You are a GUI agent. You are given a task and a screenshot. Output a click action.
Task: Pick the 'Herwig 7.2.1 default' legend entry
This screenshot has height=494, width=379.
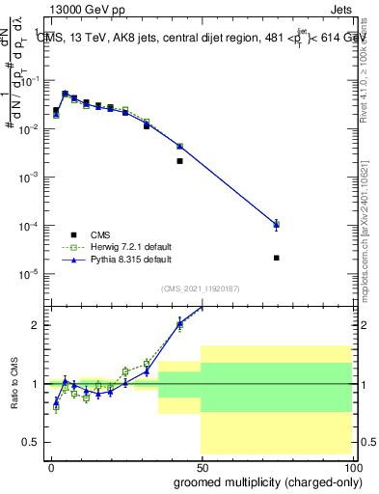click(x=132, y=247)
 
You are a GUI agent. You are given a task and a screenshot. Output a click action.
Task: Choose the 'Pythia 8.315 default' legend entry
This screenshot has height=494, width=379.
click(x=131, y=260)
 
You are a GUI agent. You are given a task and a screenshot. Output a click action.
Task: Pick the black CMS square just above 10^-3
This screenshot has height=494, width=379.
click(x=180, y=161)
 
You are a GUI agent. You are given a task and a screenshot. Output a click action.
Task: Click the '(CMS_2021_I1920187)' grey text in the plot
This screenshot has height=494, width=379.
click(x=201, y=288)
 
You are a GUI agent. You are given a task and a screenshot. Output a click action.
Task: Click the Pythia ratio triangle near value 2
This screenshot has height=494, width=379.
click(x=180, y=324)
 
